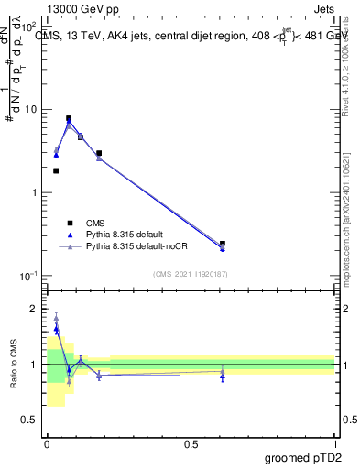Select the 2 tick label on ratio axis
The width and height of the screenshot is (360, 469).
(x=36, y=309)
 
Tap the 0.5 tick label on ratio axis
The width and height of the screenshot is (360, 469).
(x=31, y=420)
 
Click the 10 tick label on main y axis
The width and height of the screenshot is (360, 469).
(x=31, y=110)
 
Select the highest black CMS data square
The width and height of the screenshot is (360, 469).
(x=69, y=118)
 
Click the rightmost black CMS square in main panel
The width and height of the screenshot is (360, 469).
(x=223, y=244)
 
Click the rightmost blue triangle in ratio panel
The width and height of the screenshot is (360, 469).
(x=223, y=376)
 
